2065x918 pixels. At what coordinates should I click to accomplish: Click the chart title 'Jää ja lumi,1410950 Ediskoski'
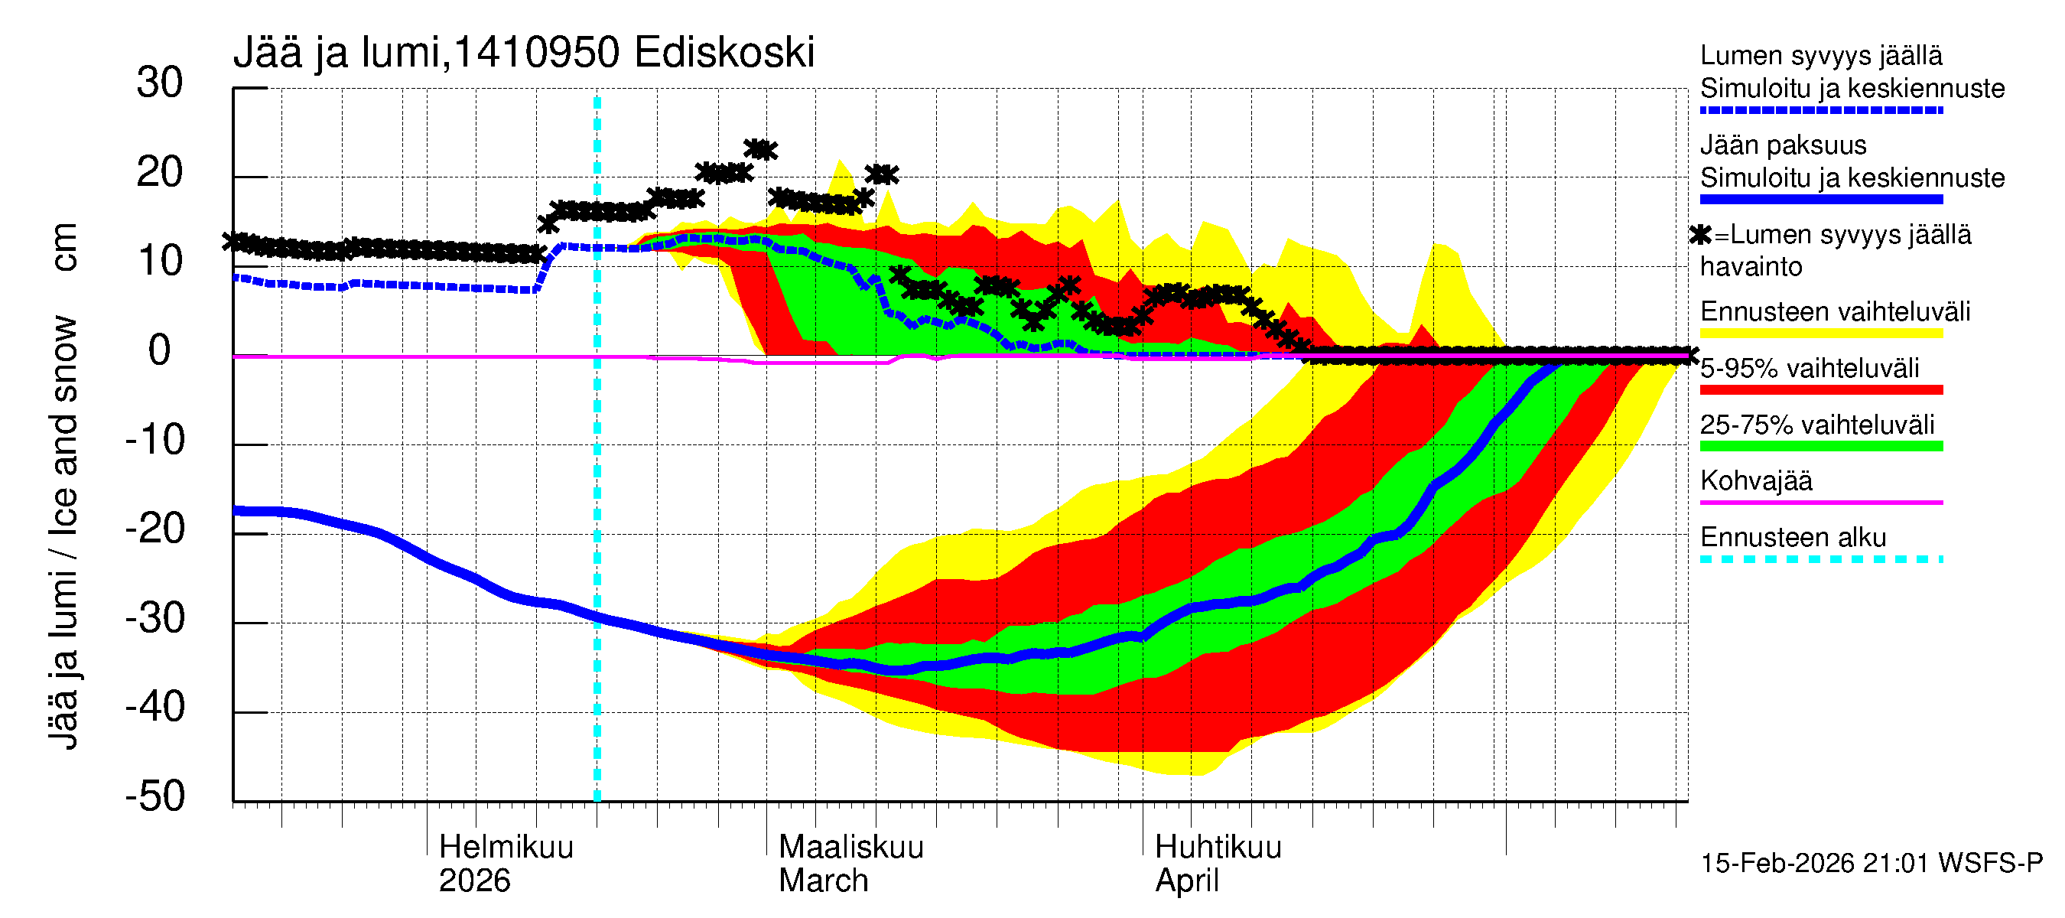[x=523, y=53]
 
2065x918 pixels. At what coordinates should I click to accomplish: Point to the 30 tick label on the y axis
[x=160, y=83]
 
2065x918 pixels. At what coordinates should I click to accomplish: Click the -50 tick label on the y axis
[x=155, y=797]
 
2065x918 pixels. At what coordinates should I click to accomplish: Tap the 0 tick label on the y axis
[x=160, y=351]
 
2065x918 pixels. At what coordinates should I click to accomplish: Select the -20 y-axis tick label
[x=155, y=529]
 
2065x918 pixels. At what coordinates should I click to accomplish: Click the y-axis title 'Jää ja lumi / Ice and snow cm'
[x=63, y=486]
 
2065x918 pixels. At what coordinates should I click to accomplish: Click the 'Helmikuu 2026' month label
[x=506, y=864]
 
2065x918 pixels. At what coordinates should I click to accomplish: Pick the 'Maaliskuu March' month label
[x=850, y=864]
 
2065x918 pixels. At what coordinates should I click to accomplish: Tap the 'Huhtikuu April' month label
[x=1218, y=864]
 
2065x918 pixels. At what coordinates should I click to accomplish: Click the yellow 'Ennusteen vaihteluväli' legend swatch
[x=1820, y=334]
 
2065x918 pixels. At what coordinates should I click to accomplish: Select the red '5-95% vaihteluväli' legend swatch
[x=1820, y=389]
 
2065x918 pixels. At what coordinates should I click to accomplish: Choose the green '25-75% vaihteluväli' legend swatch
[x=1820, y=447]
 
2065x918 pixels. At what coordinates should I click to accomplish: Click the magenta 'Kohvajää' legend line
[x=1820, y=503]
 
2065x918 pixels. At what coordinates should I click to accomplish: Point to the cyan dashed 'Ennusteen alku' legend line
[x=1820, y=558]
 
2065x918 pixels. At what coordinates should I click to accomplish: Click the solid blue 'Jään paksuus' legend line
[x=1820, y=200]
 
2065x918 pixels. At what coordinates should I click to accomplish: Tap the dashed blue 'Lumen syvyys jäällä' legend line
[x=1820, y=111]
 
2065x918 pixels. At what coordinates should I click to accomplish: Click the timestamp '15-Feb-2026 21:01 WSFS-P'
[x=1871, y=864]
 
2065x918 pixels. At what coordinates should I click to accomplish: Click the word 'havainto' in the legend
[x=1751, y=267]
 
